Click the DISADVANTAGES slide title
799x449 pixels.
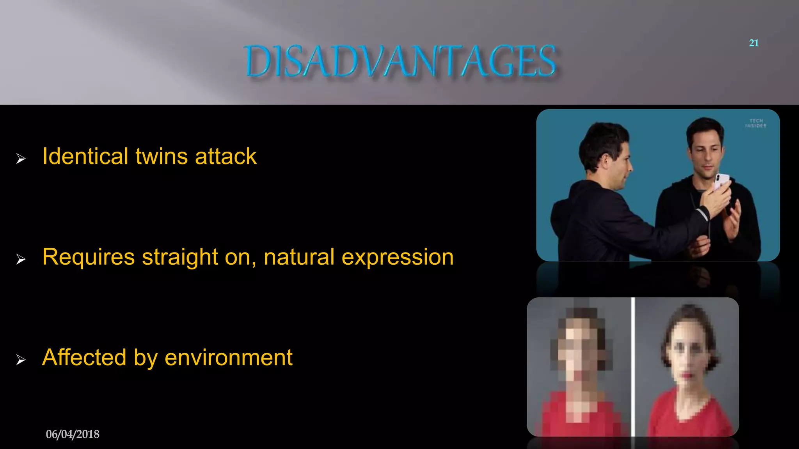401,61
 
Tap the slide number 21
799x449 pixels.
754,43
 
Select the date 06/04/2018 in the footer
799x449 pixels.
73,434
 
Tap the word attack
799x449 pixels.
225,156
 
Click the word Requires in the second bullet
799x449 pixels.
89,257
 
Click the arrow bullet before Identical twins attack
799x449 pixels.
21,159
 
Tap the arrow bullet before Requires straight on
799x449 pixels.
21,259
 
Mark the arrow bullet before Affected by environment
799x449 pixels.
21,359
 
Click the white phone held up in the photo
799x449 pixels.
721,182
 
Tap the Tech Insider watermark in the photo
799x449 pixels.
756,123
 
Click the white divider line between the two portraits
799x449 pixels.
633,367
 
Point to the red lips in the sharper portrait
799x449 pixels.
687,375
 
